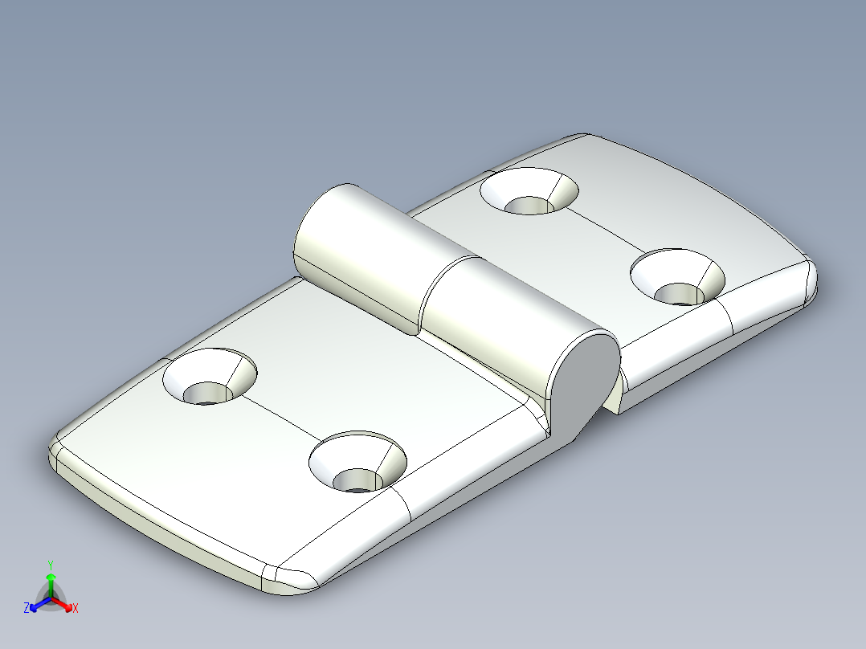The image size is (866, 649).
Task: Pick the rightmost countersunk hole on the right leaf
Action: pyautogui.click(x=677, y=278)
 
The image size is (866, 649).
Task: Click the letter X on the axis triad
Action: pyautogui.click(x=76, y=609)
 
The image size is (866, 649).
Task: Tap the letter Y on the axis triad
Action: pyautogui.click(x=51, y=565)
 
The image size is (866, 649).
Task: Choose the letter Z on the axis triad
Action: pyautogui.click(x=27, y=609)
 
